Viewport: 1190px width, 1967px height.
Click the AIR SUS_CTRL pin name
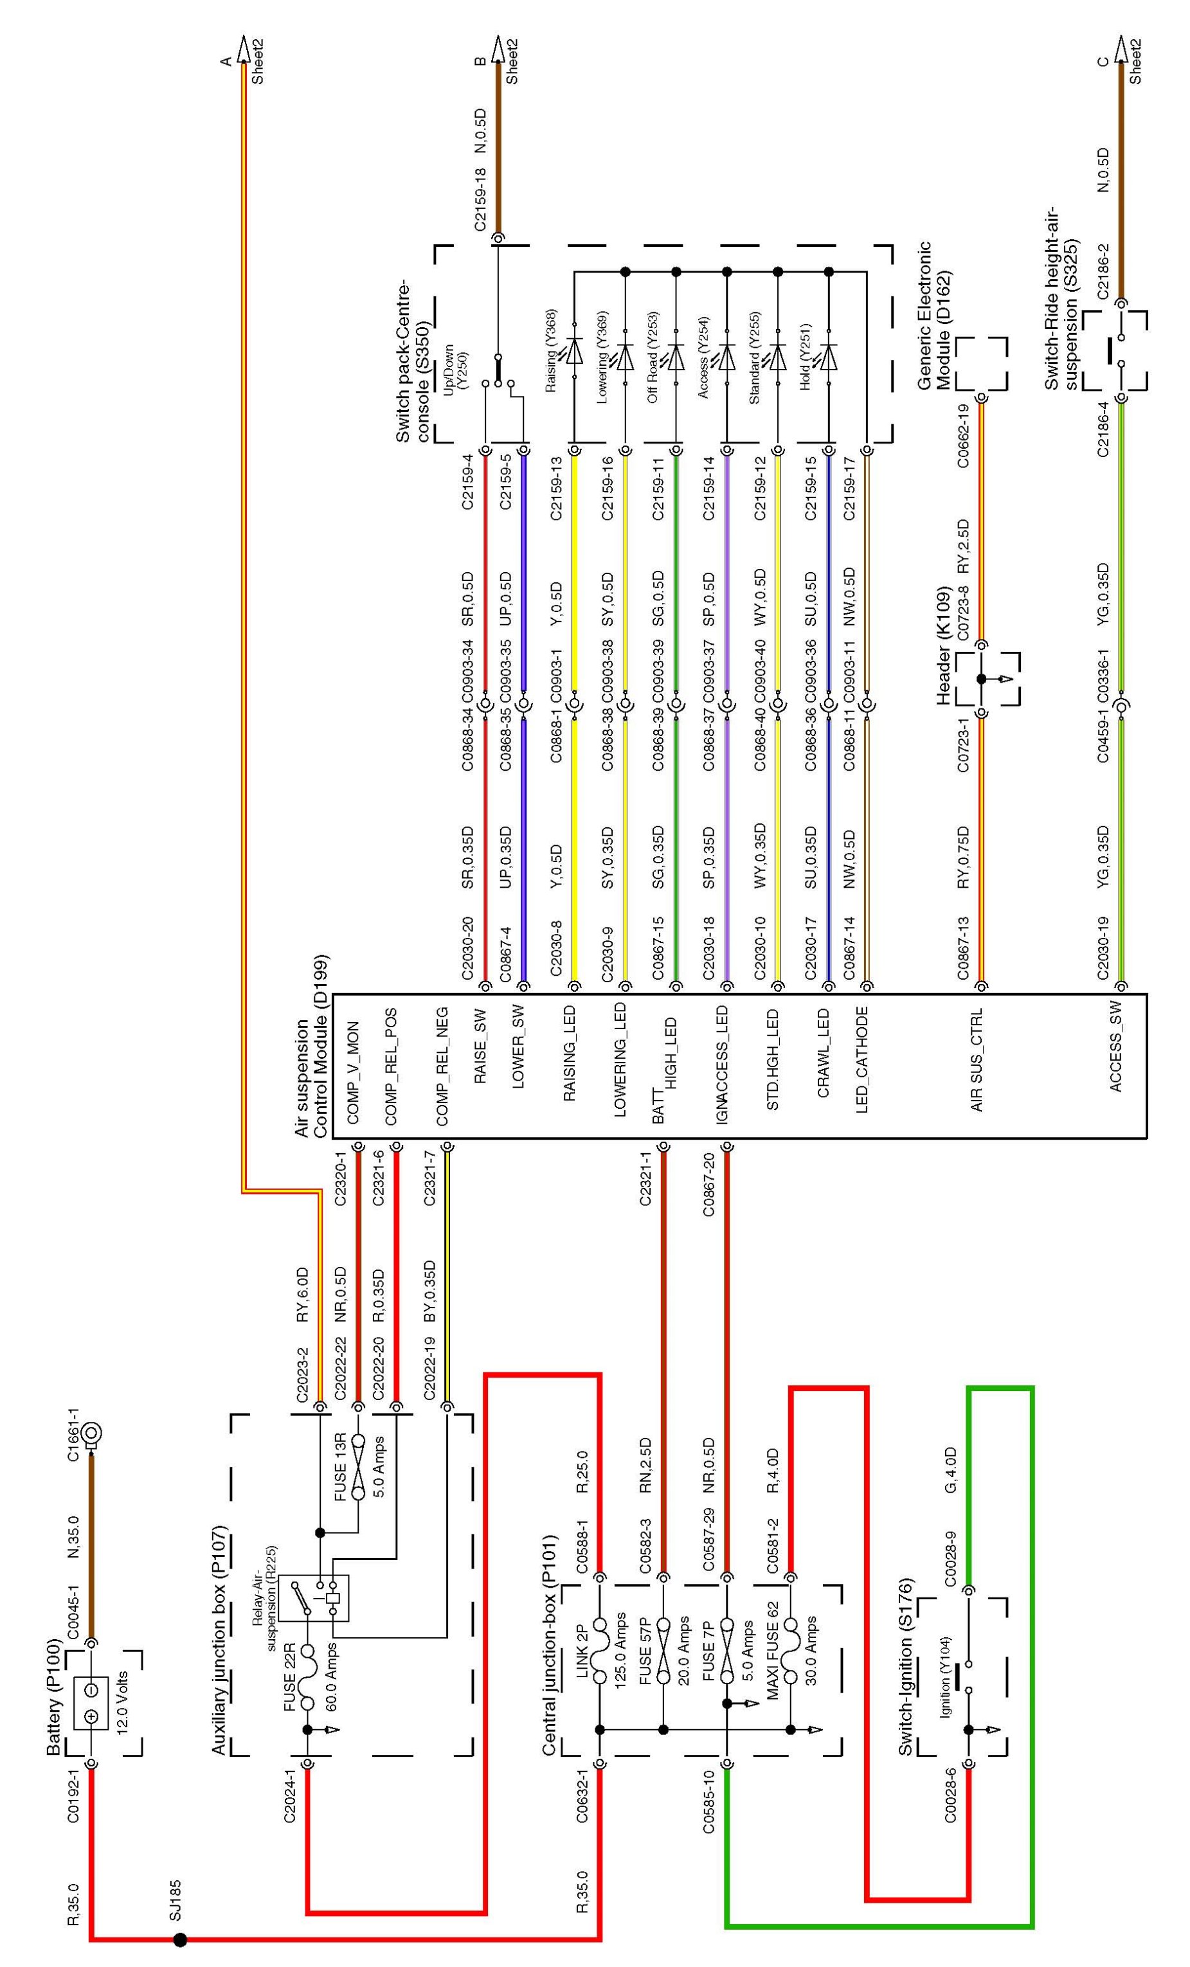click(976, 1060)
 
